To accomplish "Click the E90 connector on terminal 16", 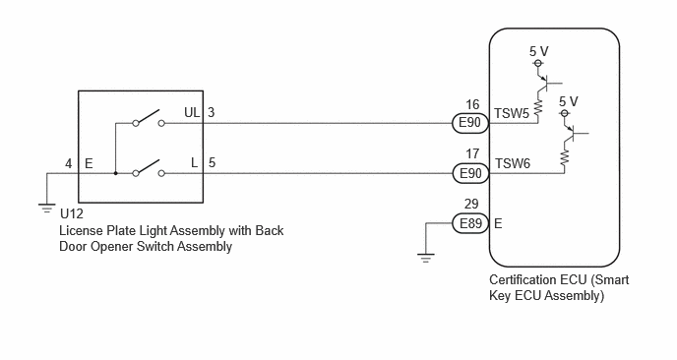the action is [x=470, y=123].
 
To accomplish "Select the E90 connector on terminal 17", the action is [x=470, y=173].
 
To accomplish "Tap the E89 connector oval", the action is [x=470, y=223].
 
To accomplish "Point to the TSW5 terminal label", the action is [x=512, y=113].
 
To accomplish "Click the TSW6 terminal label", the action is [x=513, y=163].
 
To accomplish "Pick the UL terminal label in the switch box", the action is [x=192, y=112].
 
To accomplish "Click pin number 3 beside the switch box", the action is [x=212, y=113].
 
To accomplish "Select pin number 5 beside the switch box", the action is [x=212, y=162].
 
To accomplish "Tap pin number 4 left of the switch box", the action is [x=69, y=163].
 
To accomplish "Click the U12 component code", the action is [x=72, y=213].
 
